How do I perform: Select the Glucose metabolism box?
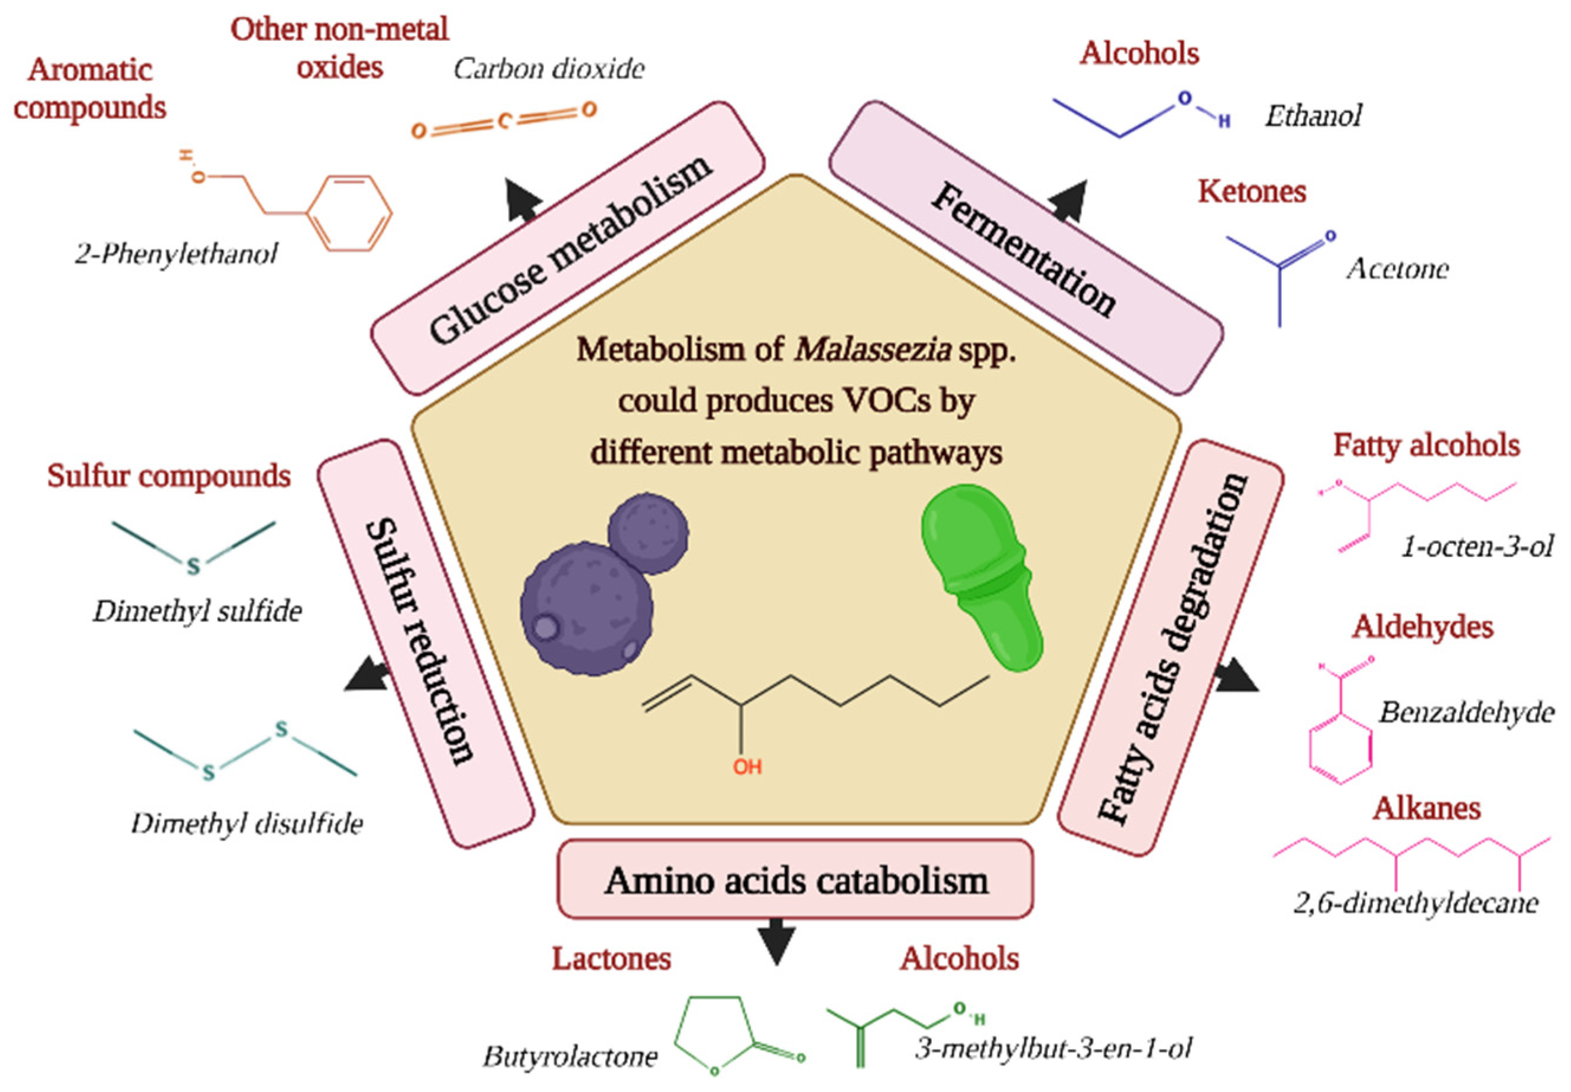(x=569, y=248)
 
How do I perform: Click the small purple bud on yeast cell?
(x=647, y=533)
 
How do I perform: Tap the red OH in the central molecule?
(x=747, y=766)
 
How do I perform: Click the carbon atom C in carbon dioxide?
(x=504, y=122)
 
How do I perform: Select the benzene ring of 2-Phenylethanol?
(x=349, y=213)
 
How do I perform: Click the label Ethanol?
(x=1313, y=116)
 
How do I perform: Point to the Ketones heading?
(x=1252, y=192)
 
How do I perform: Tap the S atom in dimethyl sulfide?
(x=193, y=566)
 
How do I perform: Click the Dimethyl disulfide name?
(x=247, y=824)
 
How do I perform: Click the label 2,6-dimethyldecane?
(x=1415, y=903)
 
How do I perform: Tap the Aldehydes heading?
(x=1422, y=627)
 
